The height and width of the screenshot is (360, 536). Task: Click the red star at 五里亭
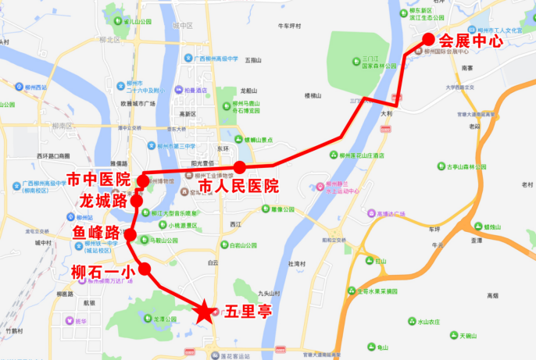pos(205,312)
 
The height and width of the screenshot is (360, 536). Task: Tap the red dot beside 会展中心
pos(428,40)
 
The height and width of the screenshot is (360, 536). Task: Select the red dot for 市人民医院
pos(240,167)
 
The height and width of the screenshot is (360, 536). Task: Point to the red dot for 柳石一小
pos(144,268)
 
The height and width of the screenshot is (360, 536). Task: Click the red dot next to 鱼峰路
pos(131,235)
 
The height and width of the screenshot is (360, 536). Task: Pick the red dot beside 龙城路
pos(137,201)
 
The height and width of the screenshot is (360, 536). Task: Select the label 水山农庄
pos(429,321)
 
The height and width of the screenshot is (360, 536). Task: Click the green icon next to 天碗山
pos(452,335)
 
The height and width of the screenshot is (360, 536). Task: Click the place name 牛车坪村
pos(290,26)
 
